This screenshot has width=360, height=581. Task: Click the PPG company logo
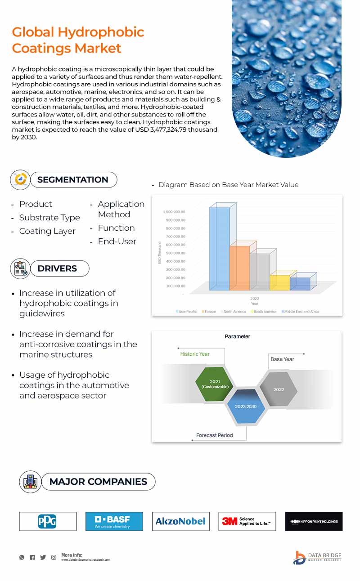click(48, 521)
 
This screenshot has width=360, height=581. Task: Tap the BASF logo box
click(114, 521)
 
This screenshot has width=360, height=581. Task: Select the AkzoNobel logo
click(180, 521)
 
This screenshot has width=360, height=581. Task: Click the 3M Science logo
click(247, 521)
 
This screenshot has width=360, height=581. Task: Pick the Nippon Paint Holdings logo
click(314, 521)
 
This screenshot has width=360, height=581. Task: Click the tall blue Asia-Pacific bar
click(220, 247)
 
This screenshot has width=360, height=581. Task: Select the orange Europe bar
click(239, 268)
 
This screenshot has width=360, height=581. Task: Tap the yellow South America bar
click(279, 282)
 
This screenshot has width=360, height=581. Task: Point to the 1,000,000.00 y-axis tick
click(174, 212)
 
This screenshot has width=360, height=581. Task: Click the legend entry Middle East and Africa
click(301, 311)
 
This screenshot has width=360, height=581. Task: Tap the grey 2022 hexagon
click(279, 389)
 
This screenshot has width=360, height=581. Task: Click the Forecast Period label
click(214, 435)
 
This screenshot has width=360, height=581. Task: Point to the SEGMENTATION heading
click(72, 180)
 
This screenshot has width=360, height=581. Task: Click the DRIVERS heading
click(57, 268)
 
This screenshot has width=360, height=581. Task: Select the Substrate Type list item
click(49, 218)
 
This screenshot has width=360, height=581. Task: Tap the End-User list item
click(117, 241)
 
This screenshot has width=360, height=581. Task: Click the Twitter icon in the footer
click(43, 557)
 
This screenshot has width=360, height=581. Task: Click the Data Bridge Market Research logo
click(317, 557)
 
